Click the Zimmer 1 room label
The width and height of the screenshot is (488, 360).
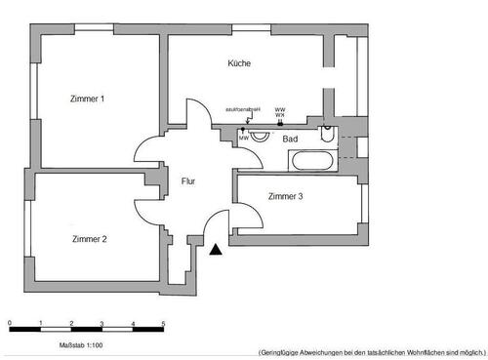pyautogui.click(x=87, y=99)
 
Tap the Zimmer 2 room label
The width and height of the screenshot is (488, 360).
pyautogui.click(x=89, y=238)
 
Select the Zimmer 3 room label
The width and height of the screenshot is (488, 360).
pyautogui.click(x=285, y=196)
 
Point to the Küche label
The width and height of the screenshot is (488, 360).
pyautogui.click(x=239, y=63)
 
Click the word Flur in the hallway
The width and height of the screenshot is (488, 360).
pyautogui.click(x=188, y=180)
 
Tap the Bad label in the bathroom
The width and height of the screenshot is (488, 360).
pyautogui.click(x=290, y=140)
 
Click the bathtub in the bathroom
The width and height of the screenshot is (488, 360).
pyautogui.click(x=311, y=161)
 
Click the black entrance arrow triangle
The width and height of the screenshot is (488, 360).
pyautogui.click(x=216, y=252)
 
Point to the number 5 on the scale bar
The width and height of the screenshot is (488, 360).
pyautogui.click(x=163, y=323)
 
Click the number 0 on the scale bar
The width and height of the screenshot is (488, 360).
pyautogui.click(x=10, y=323)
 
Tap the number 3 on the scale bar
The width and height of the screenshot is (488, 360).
pyautogui.click(x=102, y=323)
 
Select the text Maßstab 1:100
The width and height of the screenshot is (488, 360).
pyautogui.click(x=73, y=344)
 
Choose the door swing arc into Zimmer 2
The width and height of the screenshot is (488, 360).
pyautogui.click(x=147, y=206)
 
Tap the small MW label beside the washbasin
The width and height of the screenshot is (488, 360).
pyautogui.click(x=243, y=139)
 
